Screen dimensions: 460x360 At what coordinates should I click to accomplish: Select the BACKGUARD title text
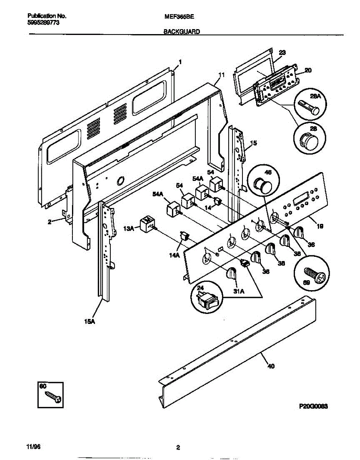182,33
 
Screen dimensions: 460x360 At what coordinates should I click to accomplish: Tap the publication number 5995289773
44,23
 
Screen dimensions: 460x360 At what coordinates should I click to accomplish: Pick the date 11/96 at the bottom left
33,447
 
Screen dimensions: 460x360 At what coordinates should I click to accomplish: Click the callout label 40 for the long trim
271,366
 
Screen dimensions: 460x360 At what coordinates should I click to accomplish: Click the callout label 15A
89,322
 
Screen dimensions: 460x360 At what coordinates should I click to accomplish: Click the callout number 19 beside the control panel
320,226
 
